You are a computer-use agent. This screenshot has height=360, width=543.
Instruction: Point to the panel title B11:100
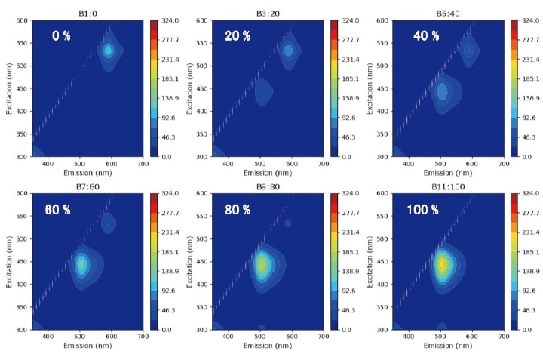441,186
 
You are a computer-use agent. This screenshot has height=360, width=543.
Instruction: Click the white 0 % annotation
61,35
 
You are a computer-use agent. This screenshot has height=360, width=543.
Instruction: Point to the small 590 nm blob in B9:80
288,223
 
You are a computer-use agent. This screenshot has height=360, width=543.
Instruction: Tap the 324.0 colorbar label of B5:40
531,20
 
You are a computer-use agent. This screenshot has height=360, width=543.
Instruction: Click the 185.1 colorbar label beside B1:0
170,79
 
